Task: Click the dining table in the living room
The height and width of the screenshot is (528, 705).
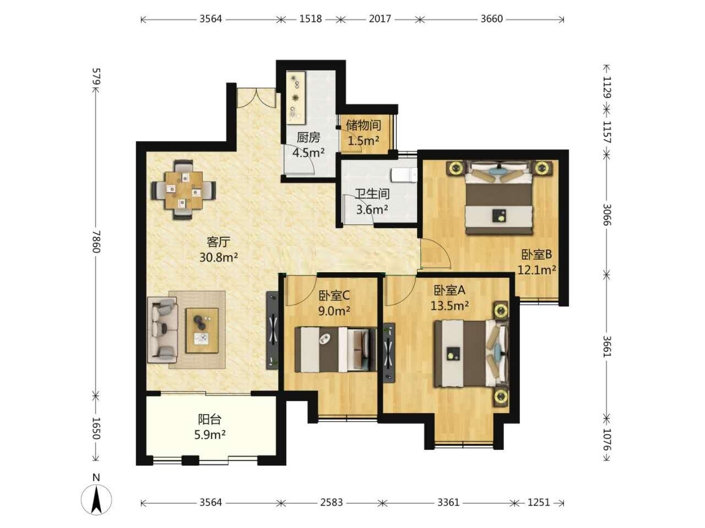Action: coord(184,190)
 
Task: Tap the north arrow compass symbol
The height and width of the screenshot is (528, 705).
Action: coord(96,500)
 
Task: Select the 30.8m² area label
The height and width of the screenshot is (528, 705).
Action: coord(219,257)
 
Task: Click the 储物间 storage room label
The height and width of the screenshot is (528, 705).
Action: coord(364,125)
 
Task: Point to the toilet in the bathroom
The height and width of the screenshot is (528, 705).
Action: coord(404,175)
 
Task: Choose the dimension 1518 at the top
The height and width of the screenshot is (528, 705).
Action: coord(310,19)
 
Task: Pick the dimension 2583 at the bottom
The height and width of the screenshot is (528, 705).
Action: coord(331,502)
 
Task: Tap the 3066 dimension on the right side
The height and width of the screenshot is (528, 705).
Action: coord(606,215)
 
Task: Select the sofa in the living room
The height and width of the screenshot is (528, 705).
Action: coord(162,330)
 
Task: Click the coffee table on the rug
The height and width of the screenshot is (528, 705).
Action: coord(202,331)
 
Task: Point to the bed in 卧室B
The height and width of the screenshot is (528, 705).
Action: coord(499,198)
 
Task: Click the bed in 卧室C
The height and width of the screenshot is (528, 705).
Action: coord(335,349)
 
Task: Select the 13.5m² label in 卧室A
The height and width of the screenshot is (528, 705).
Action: coord(449,305)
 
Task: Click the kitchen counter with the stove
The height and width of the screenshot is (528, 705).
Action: coord(296,97)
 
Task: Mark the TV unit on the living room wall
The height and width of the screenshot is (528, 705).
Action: coord(272,331)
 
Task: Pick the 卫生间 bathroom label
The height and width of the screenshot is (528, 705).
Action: coord(372,194)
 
